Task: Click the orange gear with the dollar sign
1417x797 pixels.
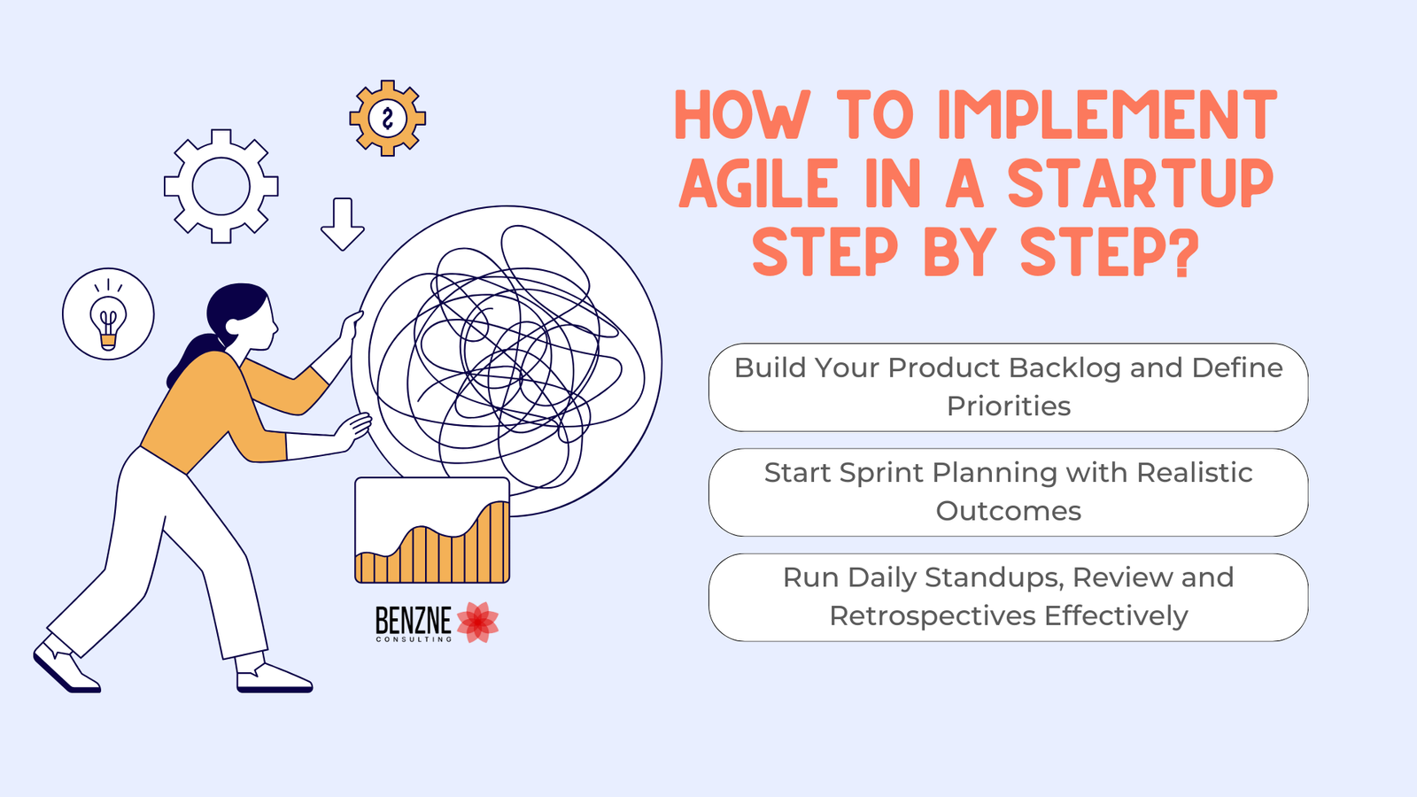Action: [388, 119]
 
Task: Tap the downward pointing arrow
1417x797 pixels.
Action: [342, 225]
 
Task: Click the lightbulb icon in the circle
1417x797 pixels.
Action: [108, 314]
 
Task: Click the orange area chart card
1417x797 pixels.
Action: [432, 530]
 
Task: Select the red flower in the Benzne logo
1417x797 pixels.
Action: [477, 623]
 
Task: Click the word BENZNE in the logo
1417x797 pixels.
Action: [413, 621]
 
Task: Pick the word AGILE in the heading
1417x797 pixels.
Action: [758, 182]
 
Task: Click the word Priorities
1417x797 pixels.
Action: [1009, 406]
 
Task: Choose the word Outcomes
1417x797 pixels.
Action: [1009, 511]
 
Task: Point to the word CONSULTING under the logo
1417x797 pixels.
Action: [414, 639]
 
